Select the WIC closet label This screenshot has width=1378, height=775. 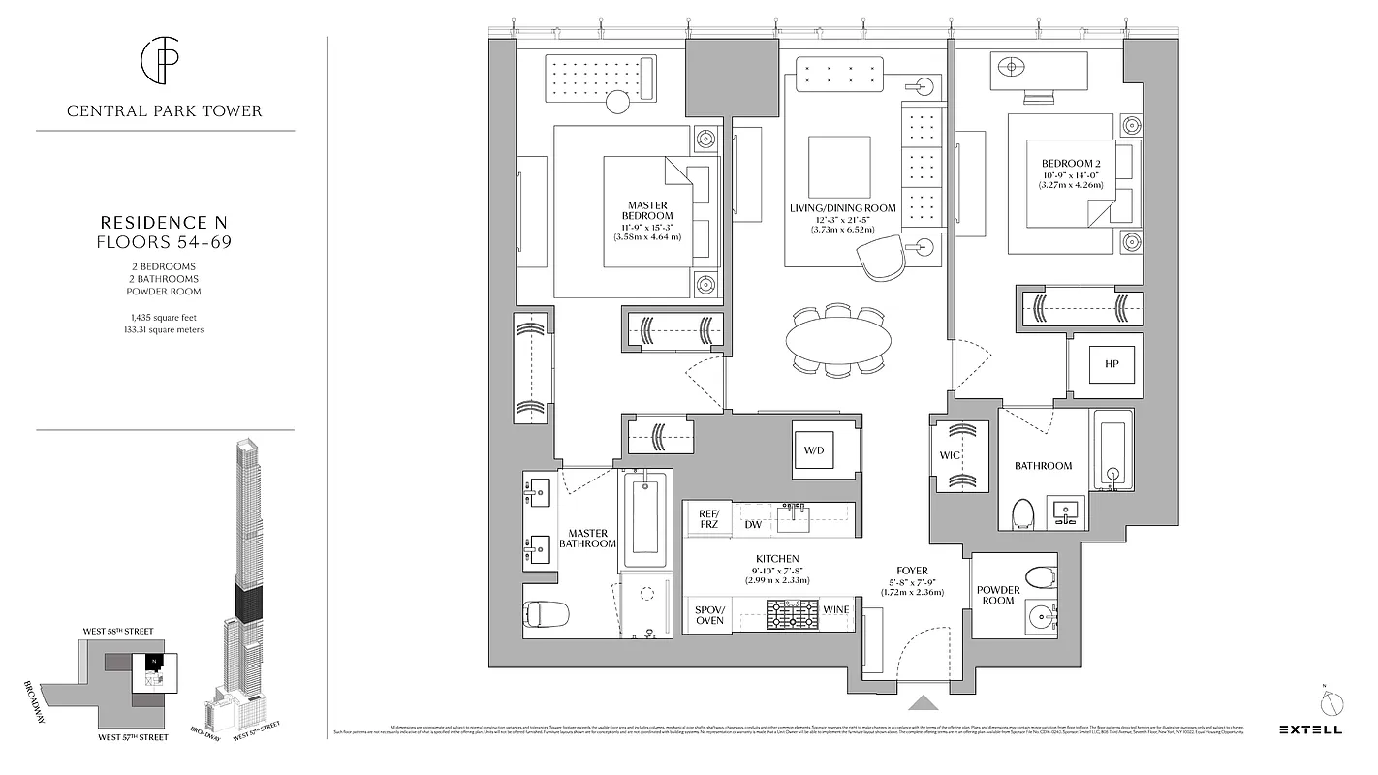pos(950,455)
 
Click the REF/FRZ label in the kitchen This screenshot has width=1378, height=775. pos(708,519)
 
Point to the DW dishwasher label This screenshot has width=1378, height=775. pos(753,525)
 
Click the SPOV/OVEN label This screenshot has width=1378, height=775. pos(709,615)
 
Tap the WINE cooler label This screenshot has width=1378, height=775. pos(836,609)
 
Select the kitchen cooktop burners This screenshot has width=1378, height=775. pos(792,615)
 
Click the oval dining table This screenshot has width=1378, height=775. pos(837,340)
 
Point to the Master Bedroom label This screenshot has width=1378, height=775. pos(648,210)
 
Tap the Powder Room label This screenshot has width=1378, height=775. pos(997,595)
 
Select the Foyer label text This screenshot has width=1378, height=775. pos(912,571)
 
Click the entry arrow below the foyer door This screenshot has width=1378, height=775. pos(923,704)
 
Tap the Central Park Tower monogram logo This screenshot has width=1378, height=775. pos(164,61)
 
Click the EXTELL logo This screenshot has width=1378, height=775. pos(1310,728)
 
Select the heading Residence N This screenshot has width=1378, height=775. pos(164,222)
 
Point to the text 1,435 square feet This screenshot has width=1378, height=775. pos(164,317)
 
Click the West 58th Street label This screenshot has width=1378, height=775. pos(118,631)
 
